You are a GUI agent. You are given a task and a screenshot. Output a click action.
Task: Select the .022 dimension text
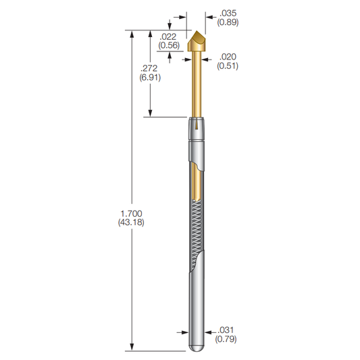click(168, 36)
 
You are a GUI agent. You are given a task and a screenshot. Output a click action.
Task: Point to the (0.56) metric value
click(168, 46)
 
